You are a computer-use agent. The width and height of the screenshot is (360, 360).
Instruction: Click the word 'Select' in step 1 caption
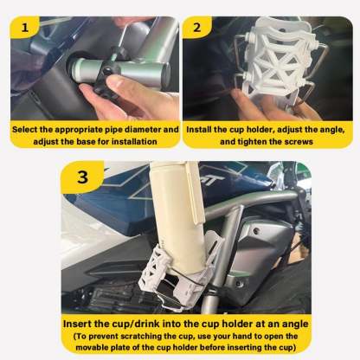pos(28,129)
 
